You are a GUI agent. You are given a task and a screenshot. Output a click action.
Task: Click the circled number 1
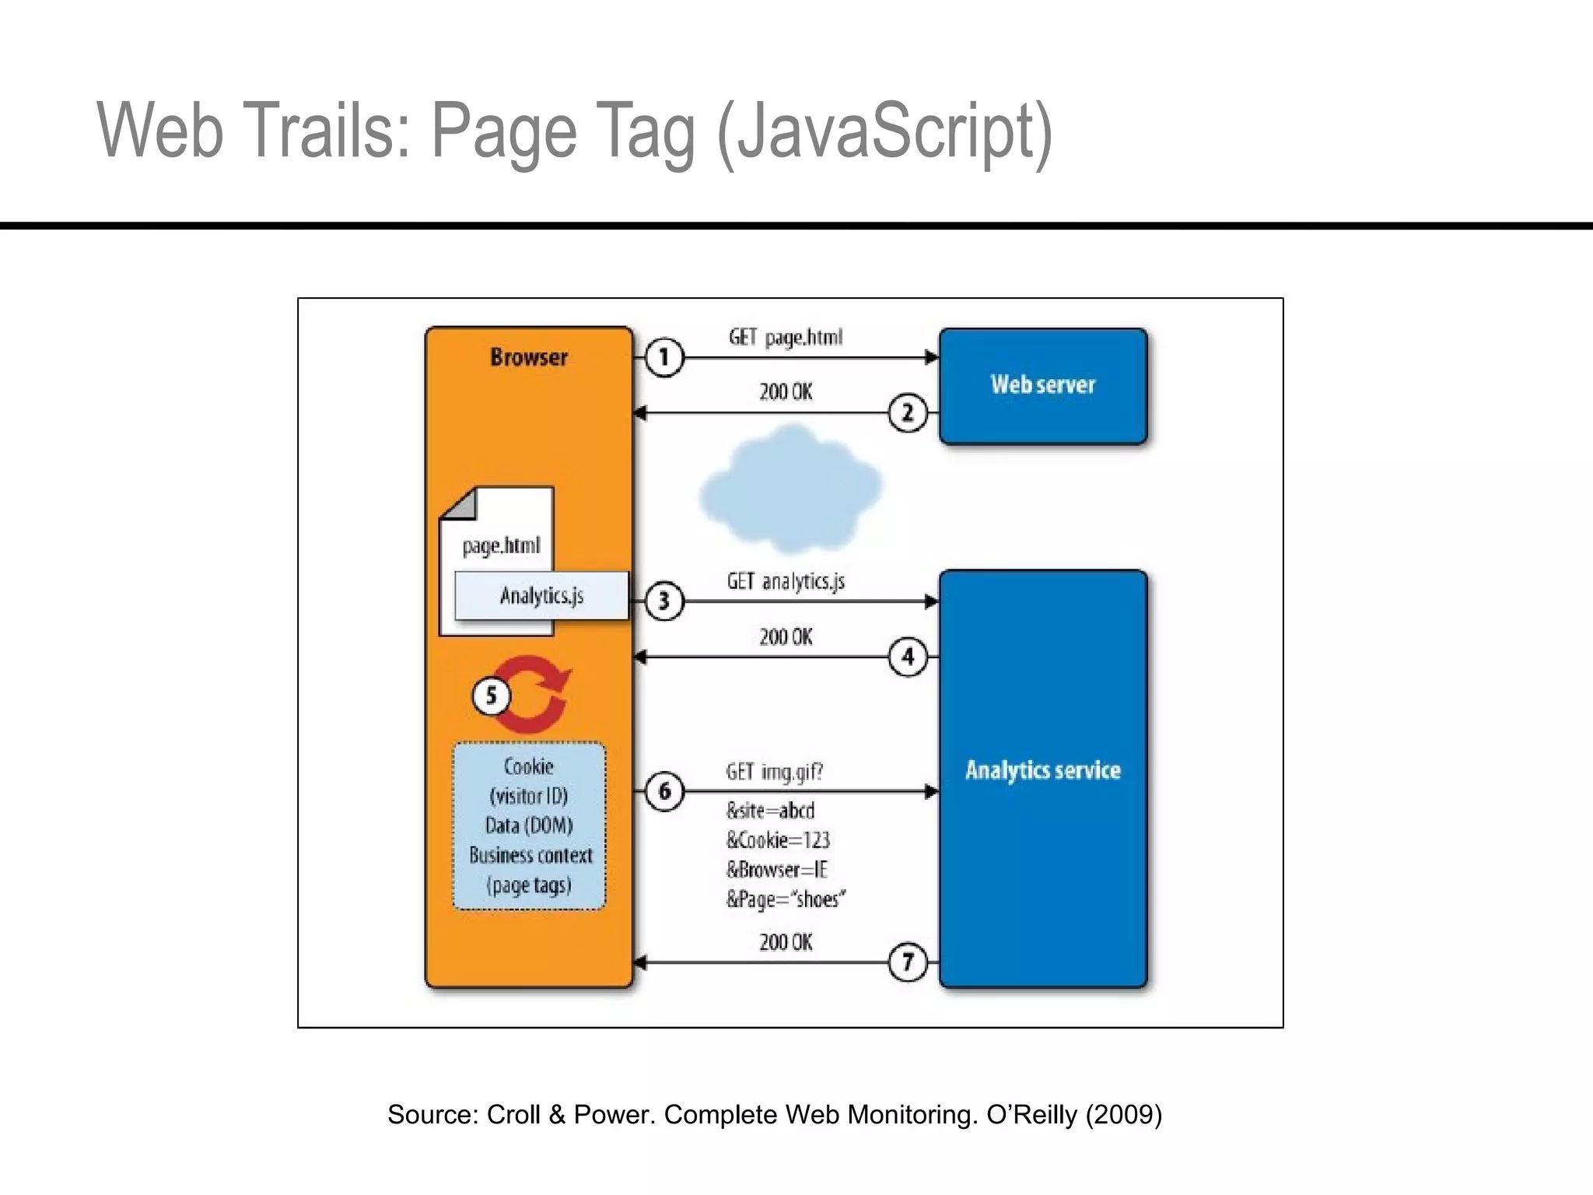pyautogui.click(x=663, y=358)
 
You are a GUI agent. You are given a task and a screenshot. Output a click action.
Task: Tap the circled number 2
pyautogui.click(x=908, y=412)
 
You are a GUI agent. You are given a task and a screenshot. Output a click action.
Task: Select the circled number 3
pyautogui.click(x=663, y=601)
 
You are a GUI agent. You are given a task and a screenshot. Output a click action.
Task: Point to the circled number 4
pyautogui.click(x=908, y=657)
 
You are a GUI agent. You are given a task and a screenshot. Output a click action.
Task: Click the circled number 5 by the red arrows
pyautogui.click(x=492, y=696)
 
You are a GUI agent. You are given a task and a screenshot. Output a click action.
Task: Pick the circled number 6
pyautogui.click(x=664, y=791)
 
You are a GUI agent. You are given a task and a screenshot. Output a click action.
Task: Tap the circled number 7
pyautogui.click(x=908, y=962)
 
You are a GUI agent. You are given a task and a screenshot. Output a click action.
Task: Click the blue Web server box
pyautogui.click(x=1043, y=386)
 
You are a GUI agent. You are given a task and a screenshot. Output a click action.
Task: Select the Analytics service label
pyautogui.click(x=1043, y=770)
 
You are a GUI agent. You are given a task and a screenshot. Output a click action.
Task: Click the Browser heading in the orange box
pyautogui.click(x=529, y=358)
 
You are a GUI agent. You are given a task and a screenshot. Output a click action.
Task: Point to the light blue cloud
pyautogui.click(x=789, y=486)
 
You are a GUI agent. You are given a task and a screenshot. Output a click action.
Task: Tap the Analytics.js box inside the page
pyautogui.click(x=541, y=596)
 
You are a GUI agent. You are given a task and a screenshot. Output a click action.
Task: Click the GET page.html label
pyautogui.click(x=786, y=338)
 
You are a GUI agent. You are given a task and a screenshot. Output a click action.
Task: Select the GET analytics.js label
pyautogui.click(x=786, y=582)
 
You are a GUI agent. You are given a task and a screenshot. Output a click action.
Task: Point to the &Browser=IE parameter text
pyautogui.click(x=777, y=870)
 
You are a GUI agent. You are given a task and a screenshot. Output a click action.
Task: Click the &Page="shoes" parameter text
pyautogui.click(x=786, y=899)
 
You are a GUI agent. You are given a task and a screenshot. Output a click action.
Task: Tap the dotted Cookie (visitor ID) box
pyautogui.click(x=529, y=825)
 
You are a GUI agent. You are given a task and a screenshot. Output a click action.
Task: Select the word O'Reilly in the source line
pyautogui.click(x=1032, y=1114)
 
